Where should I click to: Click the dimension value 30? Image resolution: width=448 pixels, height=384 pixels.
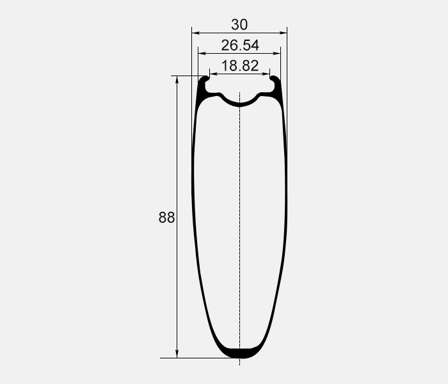pos(239,24)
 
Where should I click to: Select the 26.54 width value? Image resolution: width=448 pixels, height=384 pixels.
pos(240,45)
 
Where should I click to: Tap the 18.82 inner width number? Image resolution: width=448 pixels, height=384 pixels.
pos(240,66)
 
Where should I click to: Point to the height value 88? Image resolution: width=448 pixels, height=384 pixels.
pos(166,218)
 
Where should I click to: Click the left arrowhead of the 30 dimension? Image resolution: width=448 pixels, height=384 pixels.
pos(195,33)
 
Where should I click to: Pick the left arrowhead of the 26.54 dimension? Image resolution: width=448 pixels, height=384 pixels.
pos(202,53)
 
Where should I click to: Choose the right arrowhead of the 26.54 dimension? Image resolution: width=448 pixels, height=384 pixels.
pos(277,53)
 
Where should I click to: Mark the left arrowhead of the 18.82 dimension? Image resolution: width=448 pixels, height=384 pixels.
pos(213,74)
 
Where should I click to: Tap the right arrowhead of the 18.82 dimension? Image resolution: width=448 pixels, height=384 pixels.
pos(266,74)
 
